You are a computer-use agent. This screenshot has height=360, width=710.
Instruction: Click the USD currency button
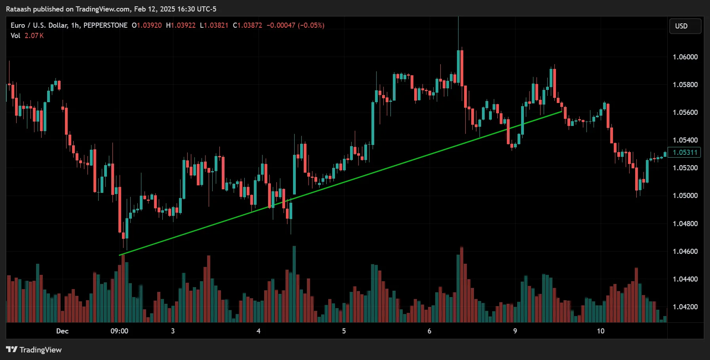click(685, 26)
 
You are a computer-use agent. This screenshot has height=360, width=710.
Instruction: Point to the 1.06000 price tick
click(685, 57)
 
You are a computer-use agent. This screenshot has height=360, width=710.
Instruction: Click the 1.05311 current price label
click(685, 152)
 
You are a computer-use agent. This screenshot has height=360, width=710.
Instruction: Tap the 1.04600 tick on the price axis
click(685, 251)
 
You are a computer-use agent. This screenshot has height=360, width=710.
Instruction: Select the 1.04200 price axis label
click(685, 307)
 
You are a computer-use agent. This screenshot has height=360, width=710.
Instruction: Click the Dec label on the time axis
click(62, 331)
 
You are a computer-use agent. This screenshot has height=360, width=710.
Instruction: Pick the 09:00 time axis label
click(119, 331)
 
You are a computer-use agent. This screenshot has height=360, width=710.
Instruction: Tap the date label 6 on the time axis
click(429, 331)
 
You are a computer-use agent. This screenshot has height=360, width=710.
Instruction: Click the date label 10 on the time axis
click(600, 331)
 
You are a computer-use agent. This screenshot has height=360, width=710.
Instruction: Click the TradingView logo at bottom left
click(34, 350)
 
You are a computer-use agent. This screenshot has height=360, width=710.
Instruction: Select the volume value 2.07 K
click(34, 36)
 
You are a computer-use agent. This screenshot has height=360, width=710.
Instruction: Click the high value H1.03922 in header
click(181, 25)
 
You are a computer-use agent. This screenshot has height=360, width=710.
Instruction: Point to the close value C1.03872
click(247, 25)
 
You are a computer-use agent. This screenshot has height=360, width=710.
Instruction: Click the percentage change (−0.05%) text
click(311, 25)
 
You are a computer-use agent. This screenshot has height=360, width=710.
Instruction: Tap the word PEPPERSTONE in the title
click(105, 25)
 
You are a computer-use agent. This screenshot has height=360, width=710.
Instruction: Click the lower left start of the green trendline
click(120, 255)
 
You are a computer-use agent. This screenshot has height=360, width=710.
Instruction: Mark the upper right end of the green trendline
click(562, 112)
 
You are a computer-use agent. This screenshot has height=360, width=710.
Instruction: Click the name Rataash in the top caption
click(18, 9)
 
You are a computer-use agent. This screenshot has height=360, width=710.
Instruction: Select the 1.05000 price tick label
click(685, 196)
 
